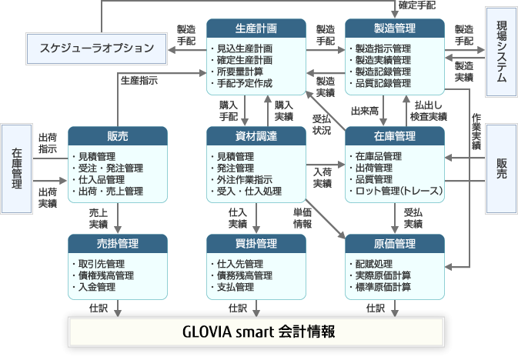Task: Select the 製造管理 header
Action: point(395,28)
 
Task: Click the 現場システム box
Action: point(500,52)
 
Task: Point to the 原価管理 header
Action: point(395,244)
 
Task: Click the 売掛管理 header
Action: point(118,244)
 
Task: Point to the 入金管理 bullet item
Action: point(97,287)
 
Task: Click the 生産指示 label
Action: point(140,80)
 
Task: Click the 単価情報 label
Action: point(302,218)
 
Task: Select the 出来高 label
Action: point(365,112)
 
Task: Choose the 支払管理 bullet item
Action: point(237,287)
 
